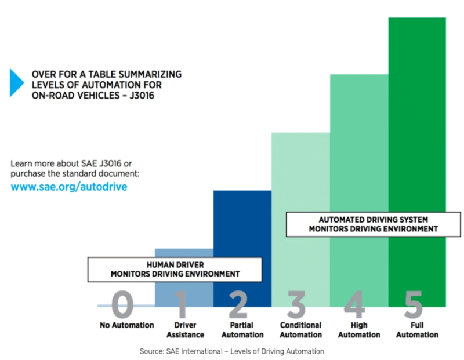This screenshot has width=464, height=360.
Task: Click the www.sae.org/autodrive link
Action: click(69, 187)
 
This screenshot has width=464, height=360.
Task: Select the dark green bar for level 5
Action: click(417, 145)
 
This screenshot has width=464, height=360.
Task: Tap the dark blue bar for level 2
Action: click(242, 226)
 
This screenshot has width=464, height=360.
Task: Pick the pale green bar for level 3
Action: click(300, 174)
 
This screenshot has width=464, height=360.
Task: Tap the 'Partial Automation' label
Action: click(242, 330)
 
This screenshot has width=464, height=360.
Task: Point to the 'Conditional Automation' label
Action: click(300, 330)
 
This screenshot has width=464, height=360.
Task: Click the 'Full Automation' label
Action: click(417, 330)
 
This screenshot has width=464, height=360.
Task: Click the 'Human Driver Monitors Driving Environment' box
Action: click(175, 269)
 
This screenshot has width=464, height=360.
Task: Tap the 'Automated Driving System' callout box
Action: click(373, 224)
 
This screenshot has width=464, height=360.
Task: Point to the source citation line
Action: click(231, 351)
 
